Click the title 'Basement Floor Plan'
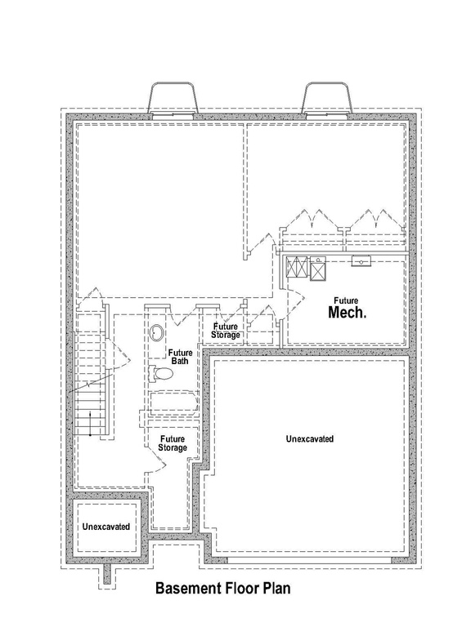(x=222, y=588)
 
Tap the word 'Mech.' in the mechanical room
(x=347, y=313)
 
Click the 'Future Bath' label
(x=180, y=357)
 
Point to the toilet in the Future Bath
(x=160, y=373)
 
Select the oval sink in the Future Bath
(x=156, y=333)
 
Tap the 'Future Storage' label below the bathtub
(x=173, y=443)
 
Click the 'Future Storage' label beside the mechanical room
(x=226, y=331)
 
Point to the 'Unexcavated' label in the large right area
(x=310, y=438)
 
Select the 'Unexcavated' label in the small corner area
(x=106, y=527)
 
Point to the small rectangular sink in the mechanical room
(x=361, y=261)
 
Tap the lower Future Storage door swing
(x=158, y=460)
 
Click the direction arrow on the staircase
(x=90, y=423)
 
